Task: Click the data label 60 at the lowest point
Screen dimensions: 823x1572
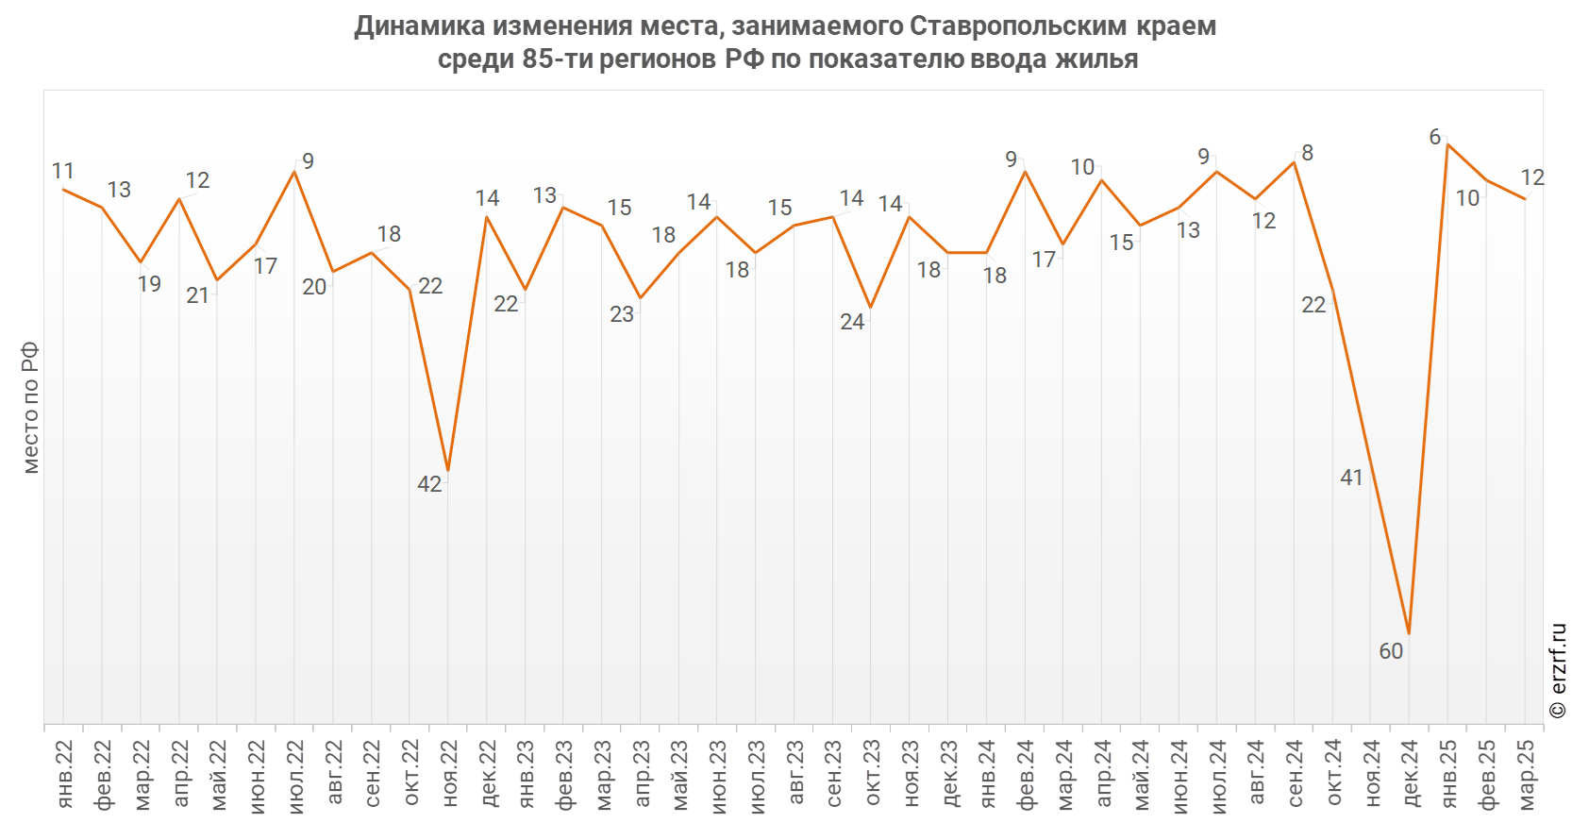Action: coord(1391,651)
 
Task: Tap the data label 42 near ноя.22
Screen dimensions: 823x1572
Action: coord(429,484)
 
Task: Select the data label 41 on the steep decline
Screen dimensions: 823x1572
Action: coord(1351,478)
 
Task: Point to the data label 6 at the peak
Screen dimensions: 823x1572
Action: coord(1434,137)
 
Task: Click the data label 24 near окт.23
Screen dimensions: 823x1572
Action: coord(852,322)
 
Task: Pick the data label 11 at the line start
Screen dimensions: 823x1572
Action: coord(62,171)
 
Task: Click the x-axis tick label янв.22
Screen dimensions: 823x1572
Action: coord(64,774)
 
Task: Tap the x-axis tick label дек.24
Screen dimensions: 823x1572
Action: coord(1411,774)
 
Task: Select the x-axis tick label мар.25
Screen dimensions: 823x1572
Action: coord(1526,774)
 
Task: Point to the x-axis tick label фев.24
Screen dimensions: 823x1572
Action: coord(1026,774)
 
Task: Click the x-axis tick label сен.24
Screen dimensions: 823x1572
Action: coord(1295,774)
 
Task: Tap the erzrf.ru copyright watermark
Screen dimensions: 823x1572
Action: coord(1558,670)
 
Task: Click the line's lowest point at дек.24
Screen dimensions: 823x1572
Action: coord(1409,633)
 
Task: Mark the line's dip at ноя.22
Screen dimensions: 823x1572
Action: coord(448,470)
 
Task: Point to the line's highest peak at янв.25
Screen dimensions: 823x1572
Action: coord(1447,144)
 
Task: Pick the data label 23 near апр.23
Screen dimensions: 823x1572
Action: coord(622,314)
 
